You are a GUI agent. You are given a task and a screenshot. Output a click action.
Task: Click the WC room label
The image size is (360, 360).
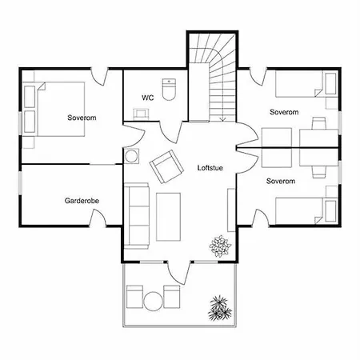coord(148,98)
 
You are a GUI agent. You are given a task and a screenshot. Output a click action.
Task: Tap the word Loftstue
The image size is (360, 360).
coord(210,168)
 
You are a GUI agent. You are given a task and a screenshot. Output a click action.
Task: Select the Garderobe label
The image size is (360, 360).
coord(82,201)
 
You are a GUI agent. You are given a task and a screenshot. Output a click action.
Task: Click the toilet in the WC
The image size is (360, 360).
coord(169,90)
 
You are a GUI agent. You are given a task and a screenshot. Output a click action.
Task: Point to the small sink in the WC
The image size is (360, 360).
coord(140,114)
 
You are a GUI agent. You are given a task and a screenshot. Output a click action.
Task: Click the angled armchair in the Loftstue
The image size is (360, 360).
coord(166,166)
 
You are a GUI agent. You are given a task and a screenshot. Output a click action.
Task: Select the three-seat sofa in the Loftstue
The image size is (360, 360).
coord(137,216)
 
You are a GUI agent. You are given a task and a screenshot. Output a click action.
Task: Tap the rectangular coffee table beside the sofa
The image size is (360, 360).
coord(168,217)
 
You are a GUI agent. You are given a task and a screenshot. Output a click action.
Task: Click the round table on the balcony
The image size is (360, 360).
coord(153,302)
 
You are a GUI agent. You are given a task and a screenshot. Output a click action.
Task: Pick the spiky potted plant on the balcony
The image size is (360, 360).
coord(220,308)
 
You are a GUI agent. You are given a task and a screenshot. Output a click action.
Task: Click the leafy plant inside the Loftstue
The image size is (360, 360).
coord(220,246)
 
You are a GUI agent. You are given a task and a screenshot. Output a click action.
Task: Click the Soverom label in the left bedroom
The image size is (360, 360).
coord(82,118)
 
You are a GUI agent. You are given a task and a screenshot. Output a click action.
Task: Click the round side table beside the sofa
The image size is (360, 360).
coord(131,156)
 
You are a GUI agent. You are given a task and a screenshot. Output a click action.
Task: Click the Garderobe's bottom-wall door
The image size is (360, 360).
coord(98,218)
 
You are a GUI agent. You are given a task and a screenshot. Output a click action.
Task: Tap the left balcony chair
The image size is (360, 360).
coord(134,297)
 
